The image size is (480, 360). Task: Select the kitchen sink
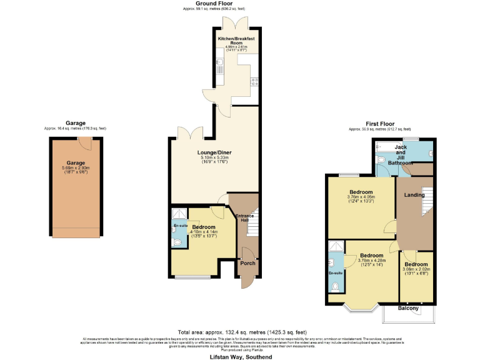[x=219, y=63]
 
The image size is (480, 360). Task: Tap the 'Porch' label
[x=248, y=263]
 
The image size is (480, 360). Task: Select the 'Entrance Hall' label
[x=244, y=218]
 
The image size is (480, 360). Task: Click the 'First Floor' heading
[x=379, y=124]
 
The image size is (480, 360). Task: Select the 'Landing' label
[x=414, y=195]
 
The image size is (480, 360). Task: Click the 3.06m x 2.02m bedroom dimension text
[x=416, y=270]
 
